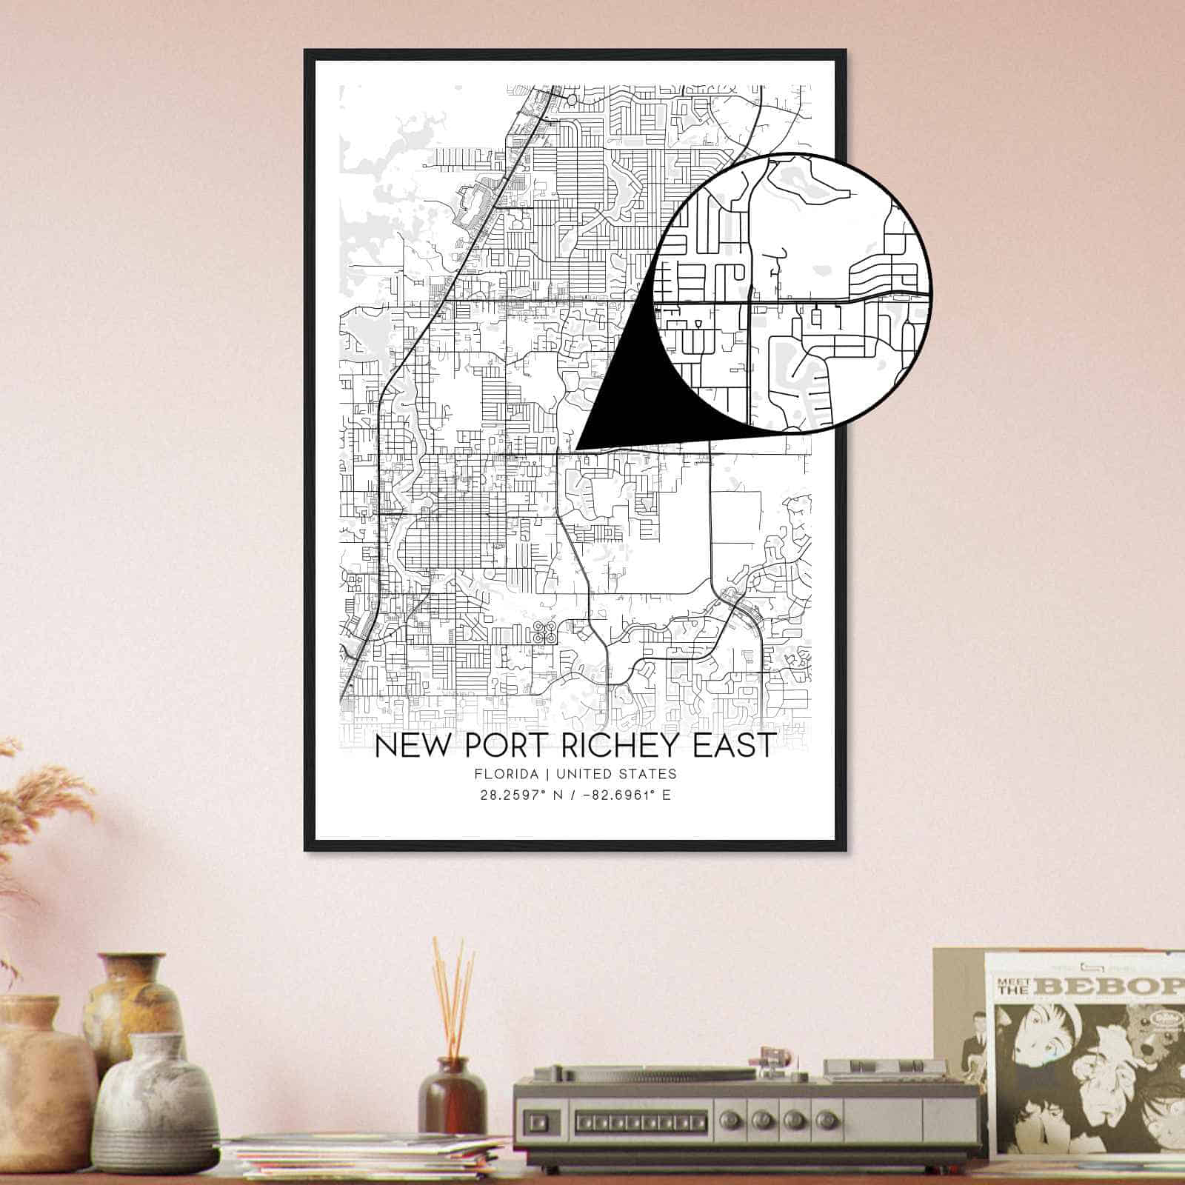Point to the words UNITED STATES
click(x=615, y=774)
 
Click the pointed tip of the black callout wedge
click(x=576, y=448)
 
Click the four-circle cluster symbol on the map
click(x=545, y=632)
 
